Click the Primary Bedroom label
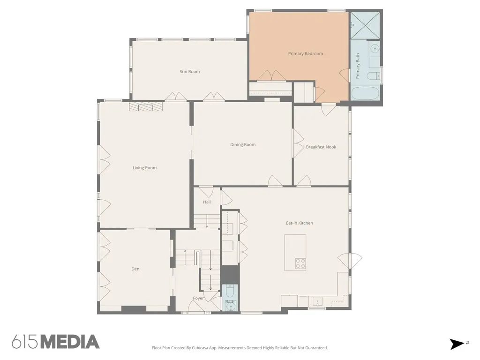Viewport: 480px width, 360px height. [306, 53]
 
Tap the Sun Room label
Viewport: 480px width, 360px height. [190, 72]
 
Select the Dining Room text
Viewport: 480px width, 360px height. [243, 144]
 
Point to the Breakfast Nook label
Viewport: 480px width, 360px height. [321, 147]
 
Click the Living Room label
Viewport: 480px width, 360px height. [144, 168]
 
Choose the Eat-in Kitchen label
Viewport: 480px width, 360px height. [300, 223]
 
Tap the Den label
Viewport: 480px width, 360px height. [135, 269]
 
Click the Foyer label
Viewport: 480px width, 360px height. [198, 298]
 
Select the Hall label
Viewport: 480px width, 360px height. [207, 202]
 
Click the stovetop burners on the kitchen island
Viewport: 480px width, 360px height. [300, 263]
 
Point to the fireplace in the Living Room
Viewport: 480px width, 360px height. [145, 106]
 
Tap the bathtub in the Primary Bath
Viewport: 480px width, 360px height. [365, 93]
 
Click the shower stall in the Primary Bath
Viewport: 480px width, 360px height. [365, 25]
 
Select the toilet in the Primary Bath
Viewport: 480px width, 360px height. [373, 75]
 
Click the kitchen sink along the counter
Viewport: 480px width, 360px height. [317, 301]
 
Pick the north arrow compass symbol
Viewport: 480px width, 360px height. [457, 344]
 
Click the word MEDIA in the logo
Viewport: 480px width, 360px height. [70, 342]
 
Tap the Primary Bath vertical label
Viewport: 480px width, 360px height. [358, 66]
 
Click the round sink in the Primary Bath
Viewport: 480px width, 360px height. [375, 49]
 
